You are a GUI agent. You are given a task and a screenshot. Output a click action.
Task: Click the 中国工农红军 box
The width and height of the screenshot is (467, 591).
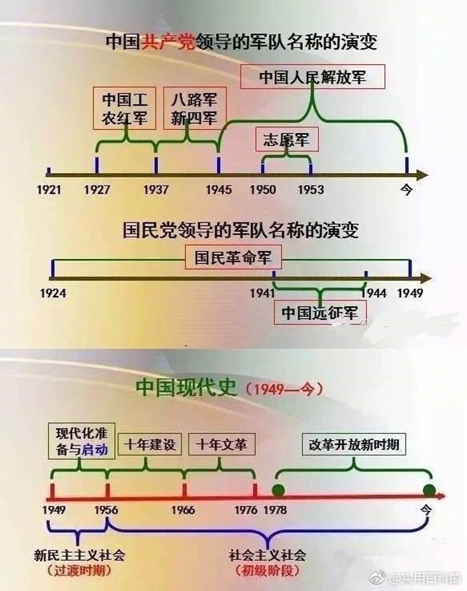pos(125,108)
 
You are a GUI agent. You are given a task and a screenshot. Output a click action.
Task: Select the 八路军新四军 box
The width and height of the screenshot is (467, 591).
pos(193,108)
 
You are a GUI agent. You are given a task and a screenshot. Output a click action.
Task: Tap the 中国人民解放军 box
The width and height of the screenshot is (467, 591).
pos(312,77)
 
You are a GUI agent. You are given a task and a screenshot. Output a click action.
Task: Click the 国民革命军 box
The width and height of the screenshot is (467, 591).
pos(238,256)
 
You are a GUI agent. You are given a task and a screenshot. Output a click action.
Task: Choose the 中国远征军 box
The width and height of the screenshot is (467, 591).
pos(321,312)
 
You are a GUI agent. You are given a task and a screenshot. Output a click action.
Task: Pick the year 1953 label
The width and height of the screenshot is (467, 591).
pos(311,190)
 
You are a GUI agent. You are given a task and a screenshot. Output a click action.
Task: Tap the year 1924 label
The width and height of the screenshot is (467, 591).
pos(53,292)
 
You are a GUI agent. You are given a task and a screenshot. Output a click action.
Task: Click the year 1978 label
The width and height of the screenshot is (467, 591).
pos(276,510)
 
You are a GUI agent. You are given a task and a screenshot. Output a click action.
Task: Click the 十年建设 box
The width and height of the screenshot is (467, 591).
pos(149,444)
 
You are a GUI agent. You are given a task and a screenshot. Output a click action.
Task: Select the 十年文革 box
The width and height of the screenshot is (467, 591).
pos(221,444)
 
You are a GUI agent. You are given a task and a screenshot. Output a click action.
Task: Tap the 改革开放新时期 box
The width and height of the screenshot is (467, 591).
pos(354,444)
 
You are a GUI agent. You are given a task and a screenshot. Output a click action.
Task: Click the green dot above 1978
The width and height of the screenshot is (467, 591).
pos(278,491)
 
